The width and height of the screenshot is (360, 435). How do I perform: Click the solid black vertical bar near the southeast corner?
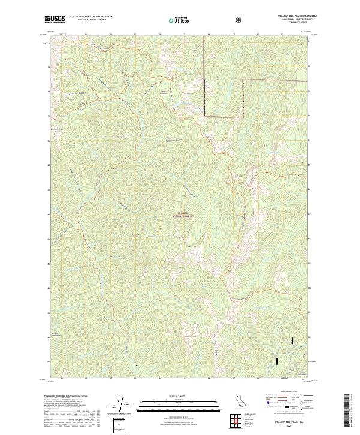point(293,340)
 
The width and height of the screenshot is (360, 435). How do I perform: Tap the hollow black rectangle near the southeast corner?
point(277,361)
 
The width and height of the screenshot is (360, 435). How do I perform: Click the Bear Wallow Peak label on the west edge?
point(57,128)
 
